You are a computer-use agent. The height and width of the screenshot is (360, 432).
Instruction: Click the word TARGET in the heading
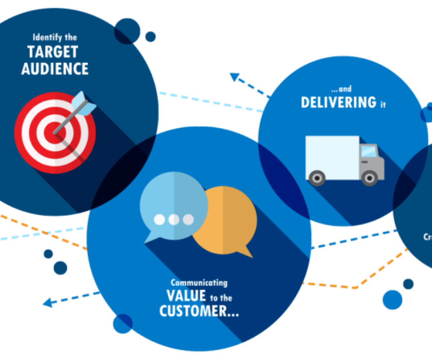(53, 52)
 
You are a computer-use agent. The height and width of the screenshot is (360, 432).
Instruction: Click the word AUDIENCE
(55, 68)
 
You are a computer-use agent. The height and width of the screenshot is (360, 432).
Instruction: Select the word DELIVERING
(338, 102)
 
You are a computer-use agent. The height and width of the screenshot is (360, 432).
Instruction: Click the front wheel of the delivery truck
(369, 178)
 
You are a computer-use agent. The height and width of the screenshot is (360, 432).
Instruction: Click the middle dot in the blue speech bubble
(174, 220)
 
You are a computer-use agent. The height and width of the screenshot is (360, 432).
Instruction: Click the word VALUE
(186, 296)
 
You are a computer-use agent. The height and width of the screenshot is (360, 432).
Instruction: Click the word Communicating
(199, 283)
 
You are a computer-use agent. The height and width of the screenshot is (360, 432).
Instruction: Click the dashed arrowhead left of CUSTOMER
(48, 303)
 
